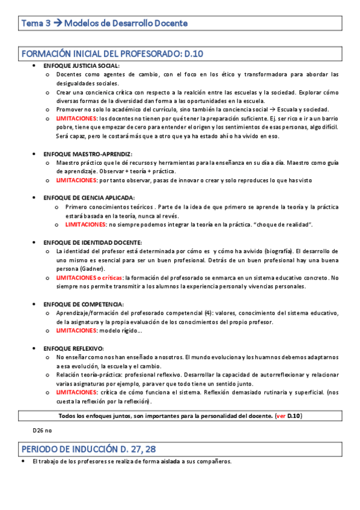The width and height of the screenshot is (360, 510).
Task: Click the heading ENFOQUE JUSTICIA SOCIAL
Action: click(82, 66)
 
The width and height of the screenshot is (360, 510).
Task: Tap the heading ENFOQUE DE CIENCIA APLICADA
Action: click(89, 198)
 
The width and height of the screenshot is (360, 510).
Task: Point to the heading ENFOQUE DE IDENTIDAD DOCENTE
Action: click(91, 242)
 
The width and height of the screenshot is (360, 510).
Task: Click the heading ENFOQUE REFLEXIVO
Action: click(73, 348)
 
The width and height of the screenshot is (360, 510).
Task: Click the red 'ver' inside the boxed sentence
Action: click(280, 416)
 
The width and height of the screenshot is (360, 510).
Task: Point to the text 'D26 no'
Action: click(42, 431)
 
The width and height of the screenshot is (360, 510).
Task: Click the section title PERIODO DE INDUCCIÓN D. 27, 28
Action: click(90, 449)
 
